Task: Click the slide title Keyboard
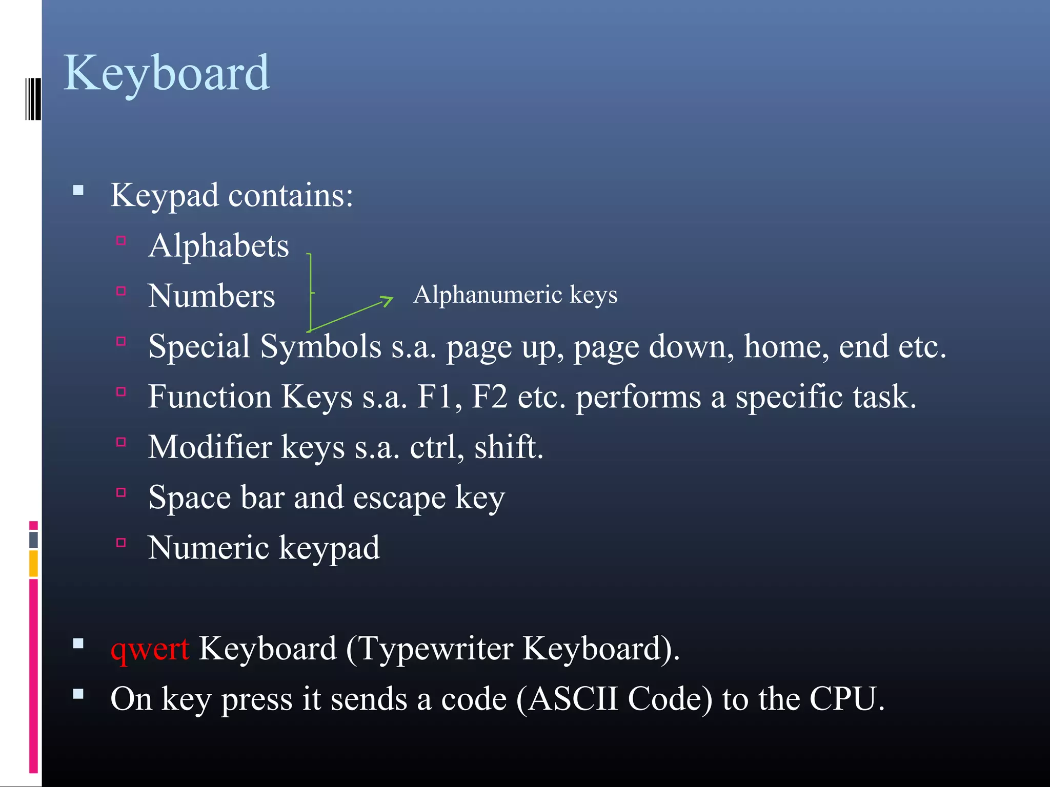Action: click(167, 73)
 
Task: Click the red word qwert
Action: click(150, 649)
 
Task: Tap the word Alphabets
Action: click(218, 246)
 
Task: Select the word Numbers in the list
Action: click(211, 296)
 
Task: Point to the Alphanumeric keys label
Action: click(515, 295)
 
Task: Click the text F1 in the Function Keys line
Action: click(435, 397)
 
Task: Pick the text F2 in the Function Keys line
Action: click(489, 397)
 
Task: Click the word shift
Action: click(508, 447)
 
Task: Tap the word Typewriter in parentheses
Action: click(435, 649)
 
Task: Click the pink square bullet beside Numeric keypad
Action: click(121, 543)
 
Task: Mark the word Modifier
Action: click(210, 447)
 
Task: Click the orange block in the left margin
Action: click(33, 563)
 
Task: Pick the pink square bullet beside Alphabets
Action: click(121, 240)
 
